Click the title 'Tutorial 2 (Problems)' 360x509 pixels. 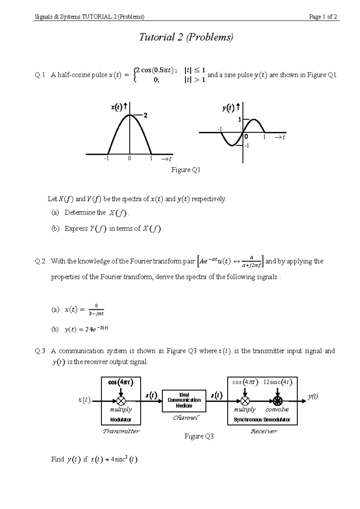pos(186,38)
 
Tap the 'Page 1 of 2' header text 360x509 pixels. pos(323,17)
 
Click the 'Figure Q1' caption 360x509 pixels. pos(186,170)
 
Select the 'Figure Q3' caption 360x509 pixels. pos(199,436)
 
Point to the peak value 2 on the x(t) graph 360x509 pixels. pos(145,115)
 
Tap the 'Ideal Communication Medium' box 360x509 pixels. pos(184,400)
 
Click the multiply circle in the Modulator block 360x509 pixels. pos(121,401)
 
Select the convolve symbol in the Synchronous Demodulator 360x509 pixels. pos(277,401)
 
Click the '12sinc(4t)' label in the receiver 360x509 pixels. pos(277,382)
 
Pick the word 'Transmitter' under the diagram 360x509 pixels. pos(121,431)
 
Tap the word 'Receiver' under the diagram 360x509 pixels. pos(264,431)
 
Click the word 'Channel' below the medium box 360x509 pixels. pos(186,417)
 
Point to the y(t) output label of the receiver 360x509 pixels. pos(313,396)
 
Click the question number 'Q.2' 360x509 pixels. pos(40,261)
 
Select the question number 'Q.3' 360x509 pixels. pos(40,351)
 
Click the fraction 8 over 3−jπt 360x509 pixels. pos(96,310)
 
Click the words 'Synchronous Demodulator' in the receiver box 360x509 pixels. pos(262,420)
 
